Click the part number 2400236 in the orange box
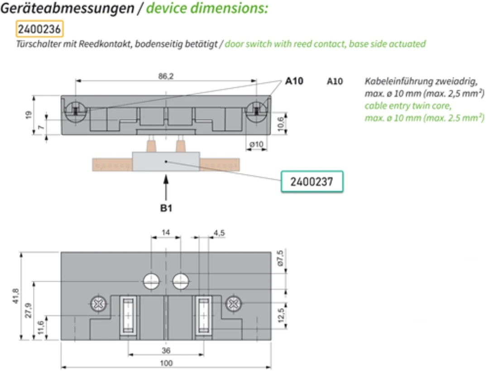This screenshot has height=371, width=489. tap(39, 29)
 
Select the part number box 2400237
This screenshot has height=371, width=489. tap(312, 182)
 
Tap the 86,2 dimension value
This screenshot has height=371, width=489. tap(166, 76)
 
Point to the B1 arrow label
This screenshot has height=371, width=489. tap(166, 208)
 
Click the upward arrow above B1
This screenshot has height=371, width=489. tap(166, 188)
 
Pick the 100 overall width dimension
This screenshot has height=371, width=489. tap(166, 363)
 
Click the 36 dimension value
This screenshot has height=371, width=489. tap(166, 351)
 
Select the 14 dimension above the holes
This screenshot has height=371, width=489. tap(166, 232)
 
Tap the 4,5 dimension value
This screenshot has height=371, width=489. tap(219, 233)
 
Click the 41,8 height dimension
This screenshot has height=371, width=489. tap(15, 296)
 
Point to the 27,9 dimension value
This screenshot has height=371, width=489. tap(29, 310)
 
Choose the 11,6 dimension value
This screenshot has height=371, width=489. tap(41, 328)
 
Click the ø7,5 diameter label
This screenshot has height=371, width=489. tap(280, 258)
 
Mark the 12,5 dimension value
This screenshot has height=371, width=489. tap(281, 315)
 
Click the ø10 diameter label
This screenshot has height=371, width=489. tap(256, 144)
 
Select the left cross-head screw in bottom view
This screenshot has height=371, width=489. tap(99, 304)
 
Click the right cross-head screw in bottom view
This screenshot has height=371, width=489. tap(234, 304)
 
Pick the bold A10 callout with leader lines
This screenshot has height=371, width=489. tap(294, 81)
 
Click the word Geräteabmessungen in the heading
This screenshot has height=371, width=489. tap(67, 8)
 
